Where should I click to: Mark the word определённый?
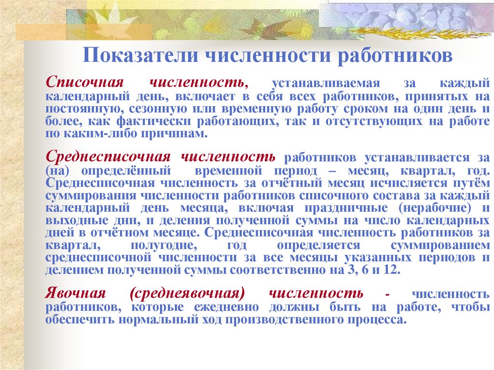tap(127, 171)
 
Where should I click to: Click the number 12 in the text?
tap(392, 270)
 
